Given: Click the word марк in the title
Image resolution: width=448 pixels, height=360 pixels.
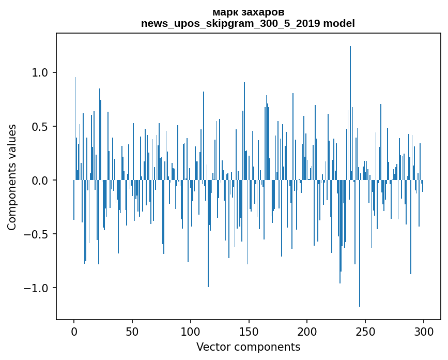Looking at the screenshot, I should pos(226,12).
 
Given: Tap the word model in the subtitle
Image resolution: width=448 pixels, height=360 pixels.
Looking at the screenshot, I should pos(339,23).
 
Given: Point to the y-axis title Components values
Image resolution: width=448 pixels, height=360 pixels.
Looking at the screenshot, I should pos(12,177).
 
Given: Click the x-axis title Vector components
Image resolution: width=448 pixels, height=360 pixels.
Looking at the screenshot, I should pos(248,347).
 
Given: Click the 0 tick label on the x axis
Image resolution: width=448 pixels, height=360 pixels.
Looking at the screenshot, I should pos(74,331).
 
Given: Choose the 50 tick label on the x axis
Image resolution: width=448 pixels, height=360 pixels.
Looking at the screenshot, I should pos(132,331).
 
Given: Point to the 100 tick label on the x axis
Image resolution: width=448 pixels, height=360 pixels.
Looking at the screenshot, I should pos(191,331).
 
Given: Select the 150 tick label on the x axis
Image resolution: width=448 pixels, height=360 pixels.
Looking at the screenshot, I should pos(249,331).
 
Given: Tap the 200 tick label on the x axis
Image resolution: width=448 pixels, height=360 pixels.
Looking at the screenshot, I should pos(307,331).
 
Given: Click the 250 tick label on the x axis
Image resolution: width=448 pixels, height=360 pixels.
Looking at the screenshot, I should pos(365,331).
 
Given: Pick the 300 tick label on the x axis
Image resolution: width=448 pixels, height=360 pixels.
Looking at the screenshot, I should pos(423,331).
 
